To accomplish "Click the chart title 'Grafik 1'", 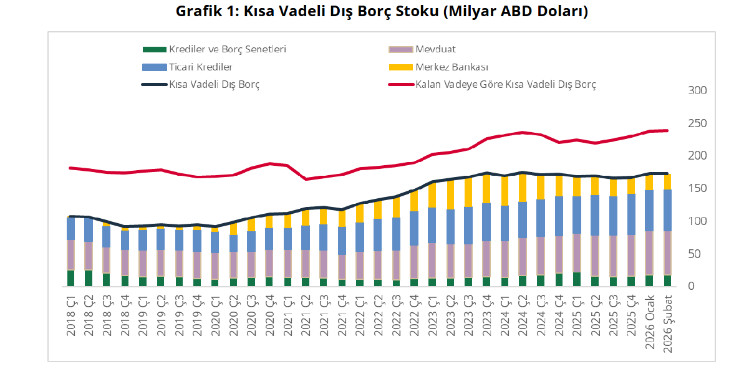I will coord(382,12).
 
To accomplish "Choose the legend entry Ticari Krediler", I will coord(200,67).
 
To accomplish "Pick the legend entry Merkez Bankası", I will coord(452,67).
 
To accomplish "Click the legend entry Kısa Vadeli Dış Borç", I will coord(214,84).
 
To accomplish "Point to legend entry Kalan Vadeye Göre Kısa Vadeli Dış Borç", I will coord(505,84).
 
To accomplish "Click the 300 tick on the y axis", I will coord(697,91).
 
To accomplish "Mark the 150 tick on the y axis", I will coord(697,189).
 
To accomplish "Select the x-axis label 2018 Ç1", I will coord(71,315).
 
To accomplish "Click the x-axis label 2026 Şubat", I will coord(667,321).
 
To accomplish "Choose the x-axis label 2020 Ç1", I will coord(215,315).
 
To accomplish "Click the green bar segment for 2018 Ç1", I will coord(71,278).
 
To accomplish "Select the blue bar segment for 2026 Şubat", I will coord(667,210).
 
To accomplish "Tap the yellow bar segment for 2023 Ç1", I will coord(432,195).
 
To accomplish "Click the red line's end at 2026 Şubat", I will coord(667,130).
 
